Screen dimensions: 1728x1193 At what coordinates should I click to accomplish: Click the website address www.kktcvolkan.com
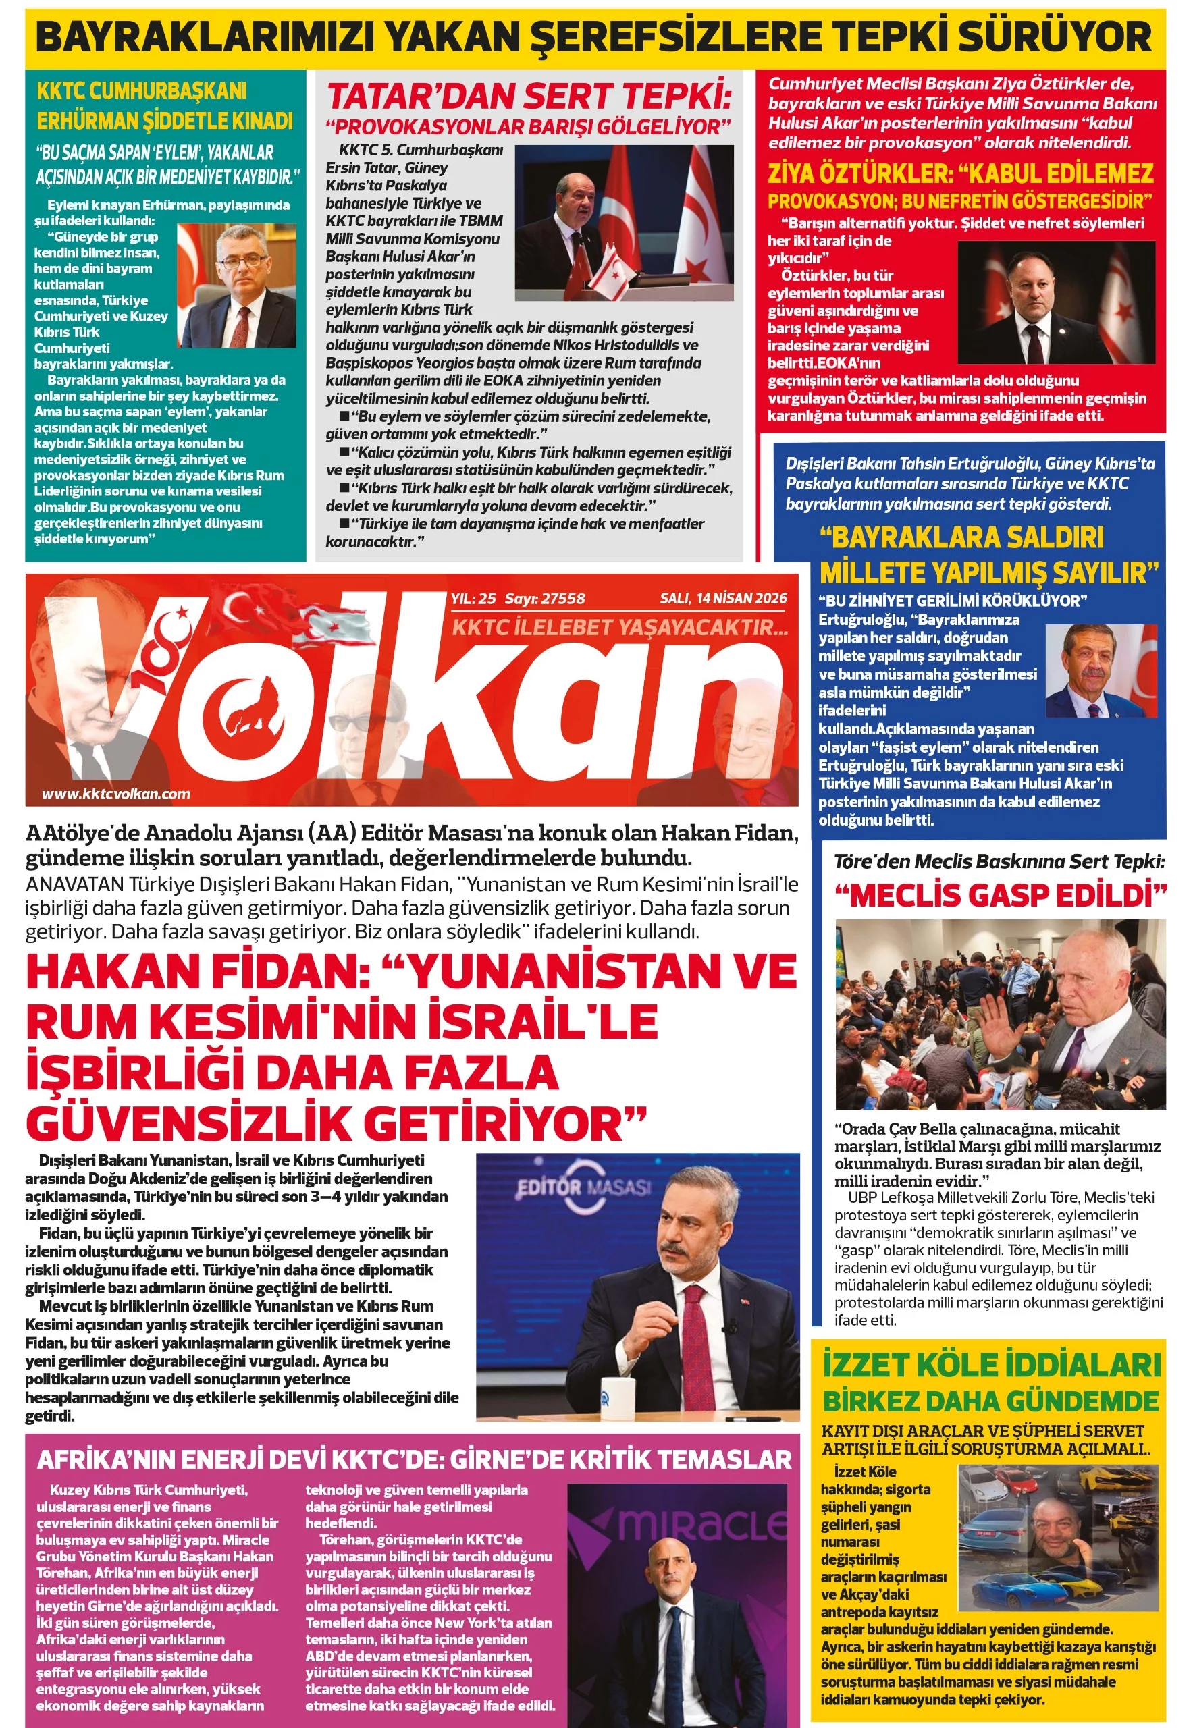116,794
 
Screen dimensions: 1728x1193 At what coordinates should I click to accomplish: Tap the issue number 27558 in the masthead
563,599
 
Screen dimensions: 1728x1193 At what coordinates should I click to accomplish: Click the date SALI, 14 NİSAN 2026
723,598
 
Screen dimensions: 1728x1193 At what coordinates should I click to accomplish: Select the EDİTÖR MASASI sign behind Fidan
583,1187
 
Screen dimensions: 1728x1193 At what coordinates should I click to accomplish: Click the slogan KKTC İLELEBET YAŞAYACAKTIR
620,627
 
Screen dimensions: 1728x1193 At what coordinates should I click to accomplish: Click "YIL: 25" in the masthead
473,599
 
